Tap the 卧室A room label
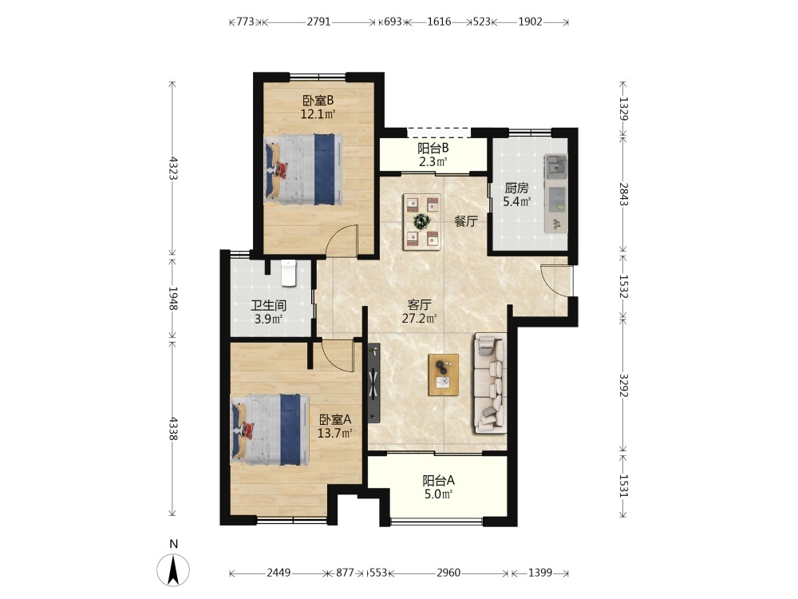click(x=335, y=420)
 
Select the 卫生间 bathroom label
click(x=269, y=306)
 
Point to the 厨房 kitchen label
click(x=516, y=188)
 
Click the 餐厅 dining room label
click(x=466, y=221)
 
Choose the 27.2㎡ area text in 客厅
click(x=420, y=319)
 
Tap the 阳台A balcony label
click(x=439, y=480)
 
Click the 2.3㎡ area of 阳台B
click(x=433, y=162)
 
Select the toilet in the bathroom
click(x=289, y=272)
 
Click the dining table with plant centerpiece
click(x=422, y=221)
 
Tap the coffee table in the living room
click(x=443, y=375)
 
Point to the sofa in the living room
click(x=491, y=383)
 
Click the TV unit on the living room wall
click(x=374, y=383)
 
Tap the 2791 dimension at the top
click(x=318, y=22)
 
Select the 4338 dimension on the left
click(x=173, y=429)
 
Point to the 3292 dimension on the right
click(x=623, y=386)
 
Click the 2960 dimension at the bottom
click(x=448, y=573)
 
